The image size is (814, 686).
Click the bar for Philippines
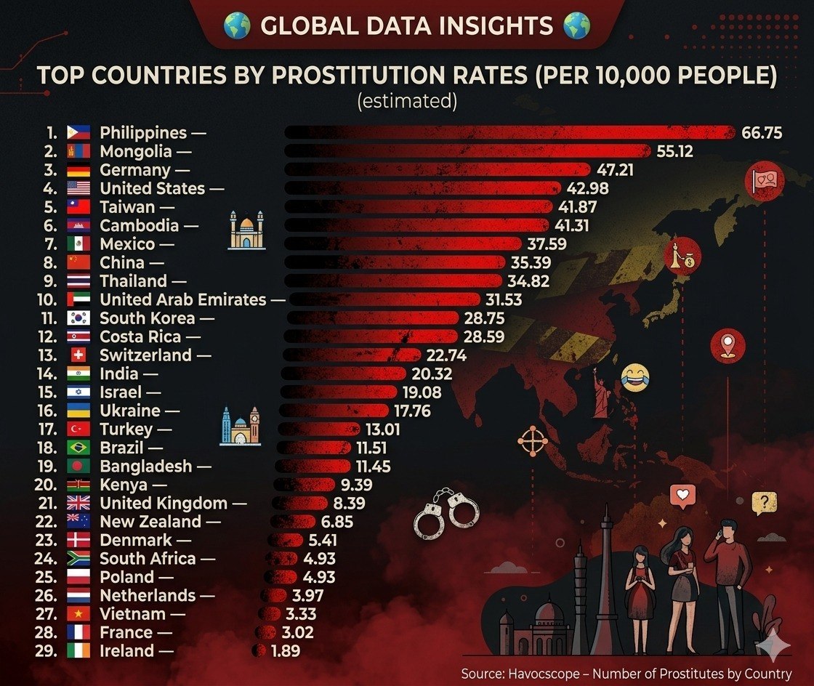pyautogui.click(x=509, y=132)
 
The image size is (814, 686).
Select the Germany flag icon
pyautogui.click(x=78, y=170)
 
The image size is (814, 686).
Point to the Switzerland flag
pyautogui.click(x=78, y=355)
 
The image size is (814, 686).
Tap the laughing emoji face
pyautogui.click(x=634, y=377)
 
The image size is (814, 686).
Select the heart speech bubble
pyautogui.click(x=682, y=497)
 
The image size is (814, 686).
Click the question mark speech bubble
pyautogui.click(x=764, y=501)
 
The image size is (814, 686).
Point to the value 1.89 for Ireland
pyautogui.click(x=285, y=651)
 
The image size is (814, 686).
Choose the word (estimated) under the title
pyautogui.click(x=407, y=101)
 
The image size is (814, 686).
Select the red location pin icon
pyautogui.click(x=728, y=344)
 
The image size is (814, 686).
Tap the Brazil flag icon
pyautogui.click(x=78, y=448)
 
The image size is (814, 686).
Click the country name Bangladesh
pyautogui.click(x=146, y=466)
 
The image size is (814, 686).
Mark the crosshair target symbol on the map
pyautogui.click(x=532, y=440)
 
